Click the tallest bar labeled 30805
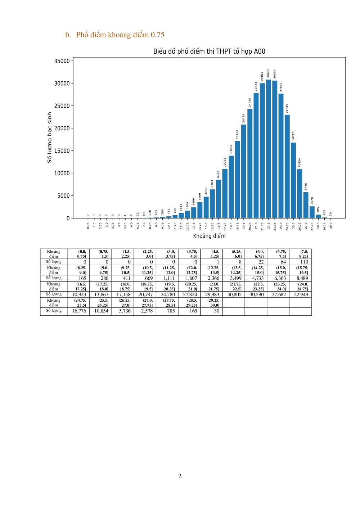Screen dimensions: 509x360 pos(268,149)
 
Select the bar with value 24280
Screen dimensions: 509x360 pos(249,163)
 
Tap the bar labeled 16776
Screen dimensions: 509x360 pos(293,180)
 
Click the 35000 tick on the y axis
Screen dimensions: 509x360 pos(62,61)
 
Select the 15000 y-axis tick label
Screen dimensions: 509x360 pos(62,151)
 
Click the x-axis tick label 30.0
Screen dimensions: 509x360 pos(330,225)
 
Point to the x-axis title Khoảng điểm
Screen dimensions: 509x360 pos(209,236)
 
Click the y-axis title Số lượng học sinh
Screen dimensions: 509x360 pos(50,138)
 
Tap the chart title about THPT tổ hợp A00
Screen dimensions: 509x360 pos(209,51)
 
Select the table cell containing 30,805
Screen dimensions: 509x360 pos(234,294)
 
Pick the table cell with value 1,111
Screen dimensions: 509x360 pos(168,278)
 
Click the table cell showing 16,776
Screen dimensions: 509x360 pos(79,311)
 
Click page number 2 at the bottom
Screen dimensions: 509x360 pos(180,476)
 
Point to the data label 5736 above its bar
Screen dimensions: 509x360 pos(306,186)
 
